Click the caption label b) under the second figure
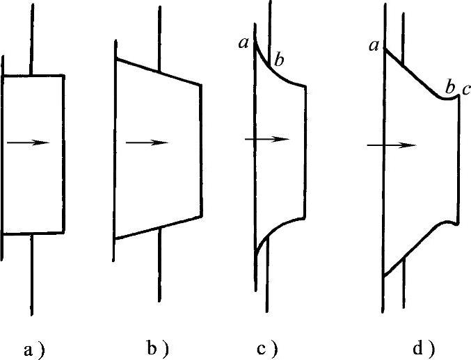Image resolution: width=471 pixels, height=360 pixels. [x=157, y=347]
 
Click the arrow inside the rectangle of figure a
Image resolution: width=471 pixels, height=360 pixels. [x=29, y=142]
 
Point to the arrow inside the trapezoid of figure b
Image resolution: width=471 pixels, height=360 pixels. [x=147, y=142]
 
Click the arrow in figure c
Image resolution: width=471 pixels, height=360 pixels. [x=266, y=139]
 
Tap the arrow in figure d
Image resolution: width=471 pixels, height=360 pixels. [x=392, y=145]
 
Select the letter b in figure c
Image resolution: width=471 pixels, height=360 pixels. [x=279, y=61]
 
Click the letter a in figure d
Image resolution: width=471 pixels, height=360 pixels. [x=374, y=46]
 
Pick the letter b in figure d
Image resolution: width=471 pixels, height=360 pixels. [x=449, y=88]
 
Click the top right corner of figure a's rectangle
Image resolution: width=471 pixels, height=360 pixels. [x=64, y=75]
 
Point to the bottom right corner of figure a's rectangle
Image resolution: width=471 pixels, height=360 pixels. [x=64, y=232]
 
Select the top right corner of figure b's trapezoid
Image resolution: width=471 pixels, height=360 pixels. [x=201, y=85]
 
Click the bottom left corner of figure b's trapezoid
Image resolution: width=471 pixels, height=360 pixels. [x=115, y=238]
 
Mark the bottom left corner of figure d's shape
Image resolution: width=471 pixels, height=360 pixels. [x=383, y=276]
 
